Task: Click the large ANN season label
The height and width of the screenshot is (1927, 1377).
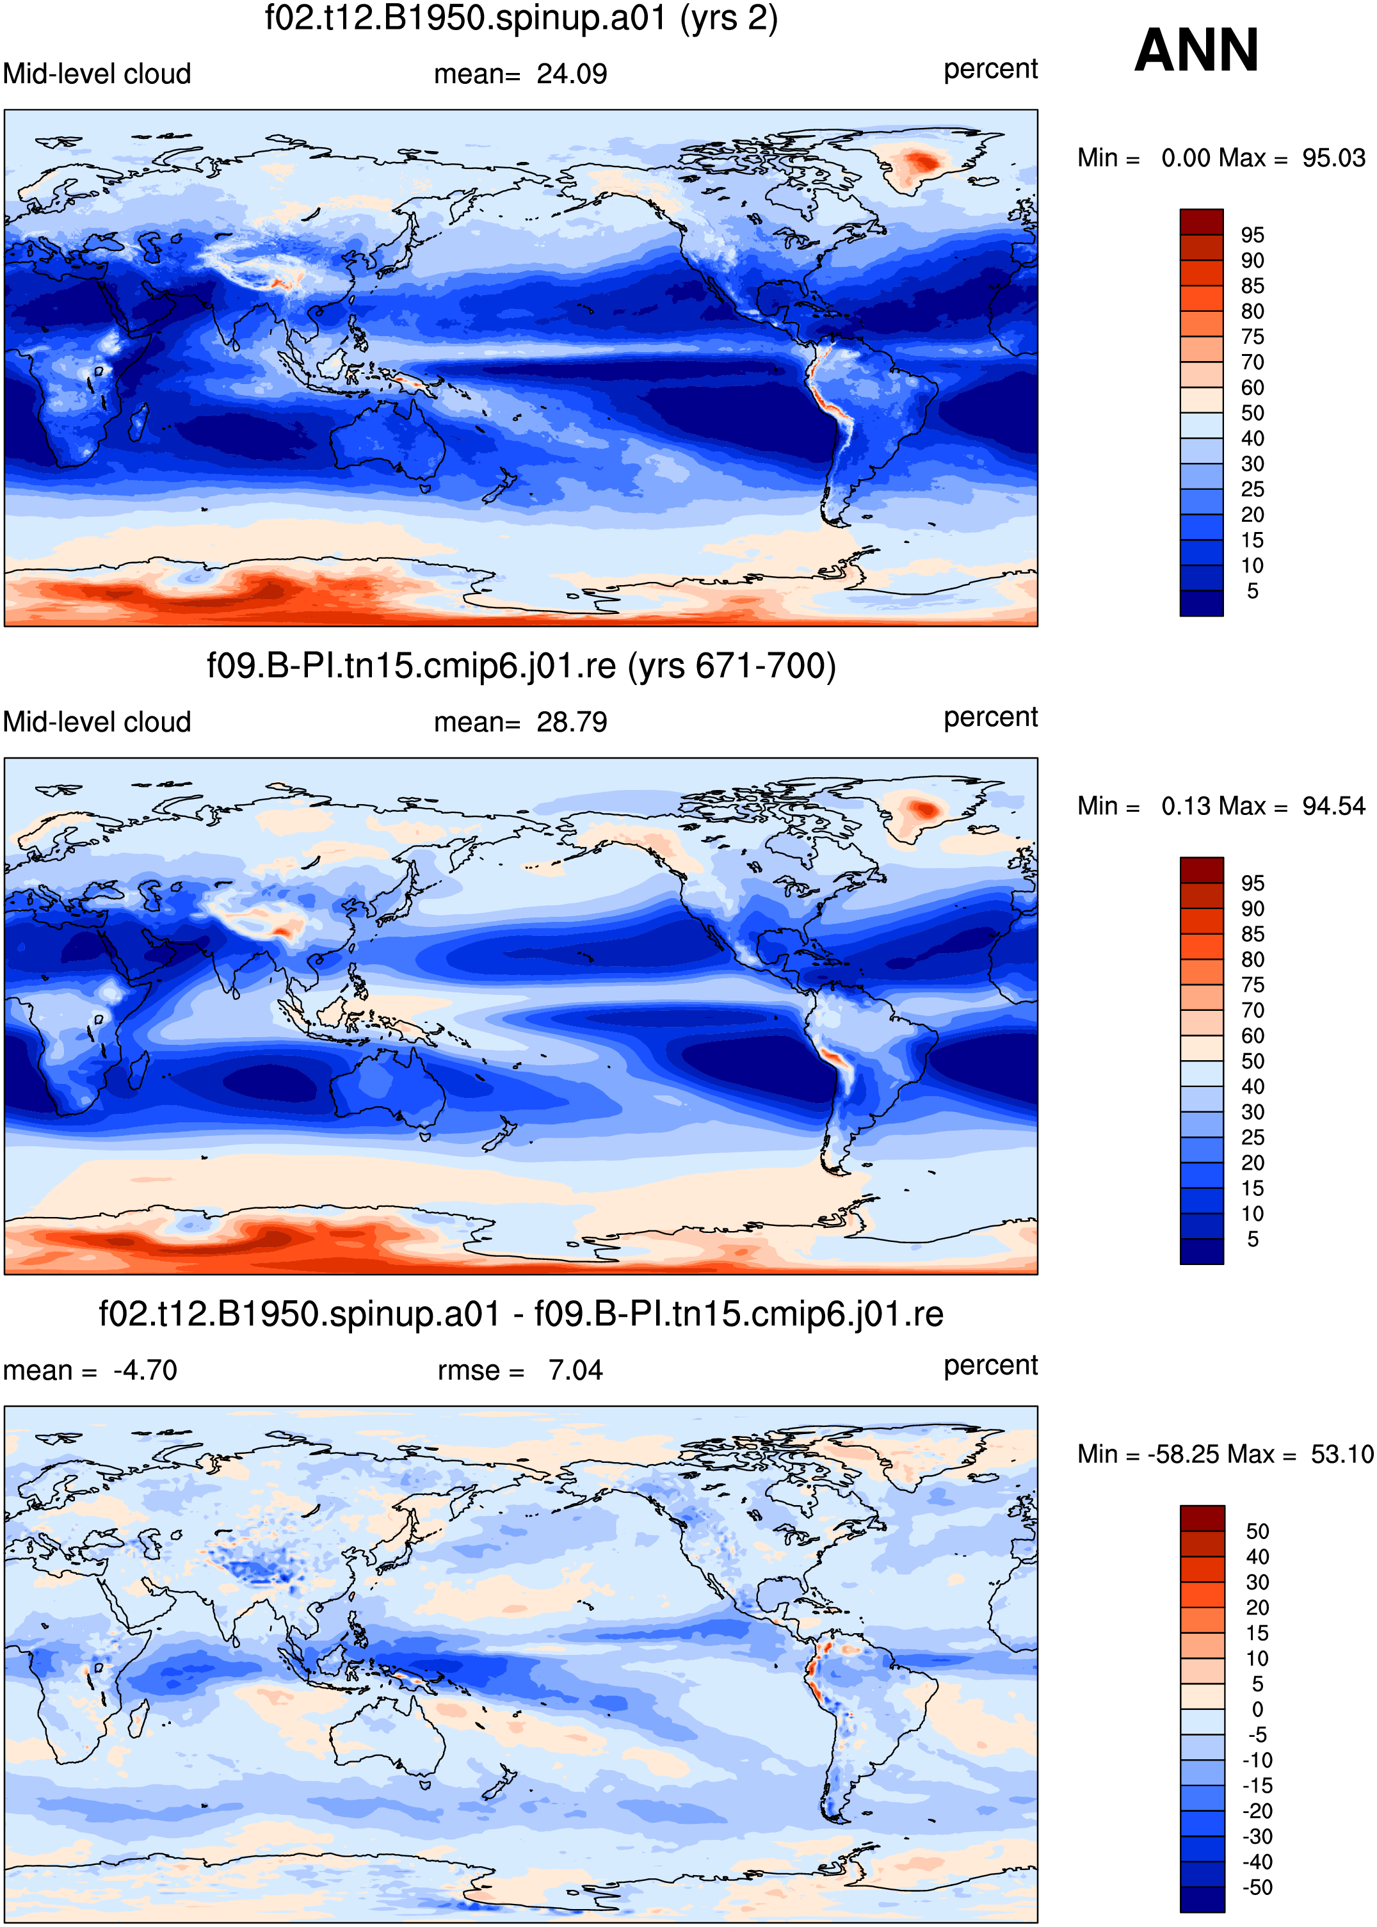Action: pyautogui.click(x=1196, y=50)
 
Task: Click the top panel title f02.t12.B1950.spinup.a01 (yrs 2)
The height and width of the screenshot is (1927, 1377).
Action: pyautogui.click(x=522, y=19)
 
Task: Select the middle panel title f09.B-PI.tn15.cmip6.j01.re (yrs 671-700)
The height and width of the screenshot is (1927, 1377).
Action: pyautogui.click(x=522, y=666)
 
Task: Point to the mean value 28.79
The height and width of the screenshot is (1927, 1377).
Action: pyautogui.click(x=572, y=722)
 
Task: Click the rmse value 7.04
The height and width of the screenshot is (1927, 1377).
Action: pyautogui.click(x=575, y=1371)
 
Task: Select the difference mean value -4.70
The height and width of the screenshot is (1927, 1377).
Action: pyautogui.click(x=145, y=1371)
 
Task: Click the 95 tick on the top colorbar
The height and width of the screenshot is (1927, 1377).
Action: pyautogui.click(x=1252, y=235)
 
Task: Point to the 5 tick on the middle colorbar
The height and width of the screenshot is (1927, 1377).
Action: pyautogui.click(x=1252, y=1239)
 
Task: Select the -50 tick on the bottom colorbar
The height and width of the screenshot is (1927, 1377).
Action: pyautogui.click(x=1257, y=1887)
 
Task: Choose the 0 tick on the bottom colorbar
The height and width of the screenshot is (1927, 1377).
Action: pyautogui.click(x=1257, y=1709)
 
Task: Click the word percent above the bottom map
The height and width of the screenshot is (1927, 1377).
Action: pyautogui.click(x=990, y=1367)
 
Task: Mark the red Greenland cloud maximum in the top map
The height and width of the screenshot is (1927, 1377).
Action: pyautogui.click(x=920, y=161)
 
